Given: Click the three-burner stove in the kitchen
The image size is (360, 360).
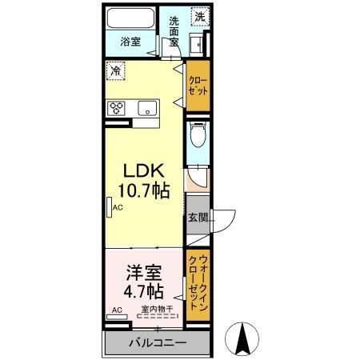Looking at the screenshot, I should [x=116, y=108].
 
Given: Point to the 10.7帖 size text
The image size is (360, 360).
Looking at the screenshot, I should [x=144, y=192].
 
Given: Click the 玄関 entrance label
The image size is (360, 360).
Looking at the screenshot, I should [x=198, y=216].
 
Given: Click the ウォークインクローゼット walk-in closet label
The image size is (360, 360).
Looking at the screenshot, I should [x=198, y=284].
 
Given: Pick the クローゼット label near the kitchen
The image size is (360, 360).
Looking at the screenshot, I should [x=198, y=86].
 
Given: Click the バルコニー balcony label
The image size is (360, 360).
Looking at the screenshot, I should [x=158, y=343].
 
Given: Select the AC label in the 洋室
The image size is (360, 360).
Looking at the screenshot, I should [x=115, y=310].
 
